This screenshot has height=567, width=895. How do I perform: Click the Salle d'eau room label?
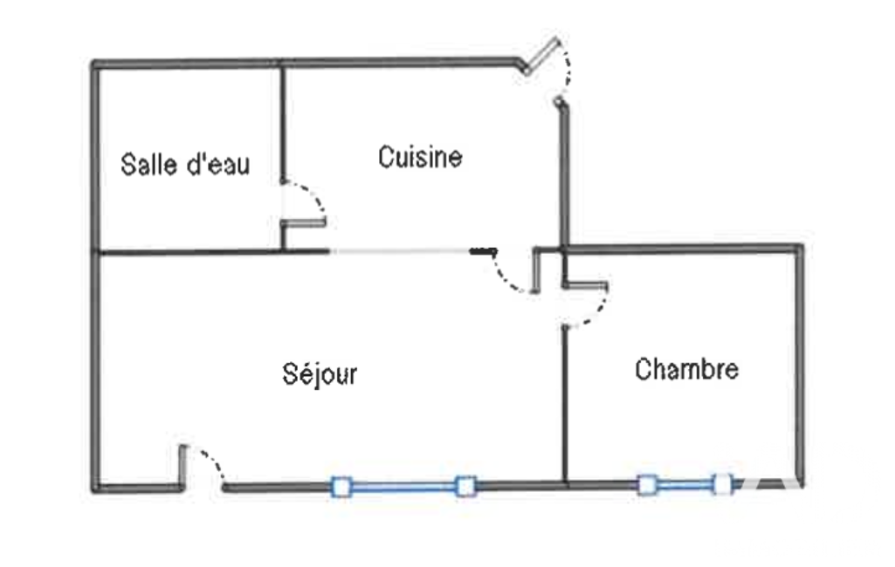[x=185, y=164]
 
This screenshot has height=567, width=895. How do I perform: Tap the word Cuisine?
[x=420, y=157]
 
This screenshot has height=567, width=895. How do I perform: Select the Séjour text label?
[x=320, y=374]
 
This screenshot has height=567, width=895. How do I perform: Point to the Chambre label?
[x=686, y=369]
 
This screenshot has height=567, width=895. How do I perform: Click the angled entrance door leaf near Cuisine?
[x=541, y=55]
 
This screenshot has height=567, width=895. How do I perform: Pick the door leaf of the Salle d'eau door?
[x=304, y=223]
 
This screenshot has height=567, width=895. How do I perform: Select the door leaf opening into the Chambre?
[x=586, y=284]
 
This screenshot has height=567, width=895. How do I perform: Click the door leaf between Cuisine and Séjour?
[x=536, y=270]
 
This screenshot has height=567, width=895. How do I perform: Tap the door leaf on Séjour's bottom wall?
[x=182, y=467]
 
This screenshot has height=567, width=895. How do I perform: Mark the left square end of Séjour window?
[x=341, y=487]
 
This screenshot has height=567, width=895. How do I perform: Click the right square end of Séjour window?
[x=465, y=487]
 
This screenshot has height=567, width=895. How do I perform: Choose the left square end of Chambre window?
[x=647, y=485]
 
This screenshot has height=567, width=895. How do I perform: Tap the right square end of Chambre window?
[x=723, y=485]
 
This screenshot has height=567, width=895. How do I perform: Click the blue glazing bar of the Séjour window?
[x=403, y=487]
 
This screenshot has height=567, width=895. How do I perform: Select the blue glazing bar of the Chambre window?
[x=685, y=485]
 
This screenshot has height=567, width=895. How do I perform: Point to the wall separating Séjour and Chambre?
[x=565, y=405]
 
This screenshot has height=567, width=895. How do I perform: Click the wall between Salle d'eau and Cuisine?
[x=283, y=123]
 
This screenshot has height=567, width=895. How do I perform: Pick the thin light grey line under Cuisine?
[x=400, y=251]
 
